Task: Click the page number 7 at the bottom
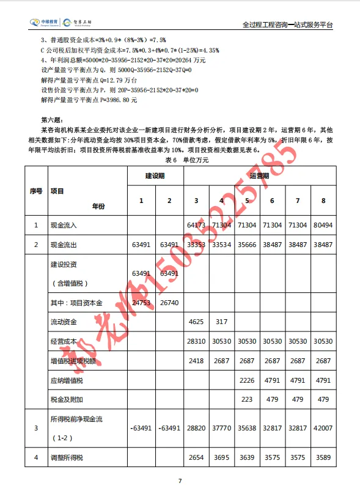[x=180, y=481]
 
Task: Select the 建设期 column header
[x=155, y=175]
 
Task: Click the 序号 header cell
[x=36, y=191]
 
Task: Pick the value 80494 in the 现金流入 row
[x=323, y=225]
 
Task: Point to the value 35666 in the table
[x=247, y=245]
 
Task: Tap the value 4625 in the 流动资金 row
[x=196, y=320]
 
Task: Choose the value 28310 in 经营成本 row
[x=196, y=341]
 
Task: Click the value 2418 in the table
[x=196, y=361]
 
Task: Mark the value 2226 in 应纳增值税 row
[x=247, y=380]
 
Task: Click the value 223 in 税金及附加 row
[x=247, y=400]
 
